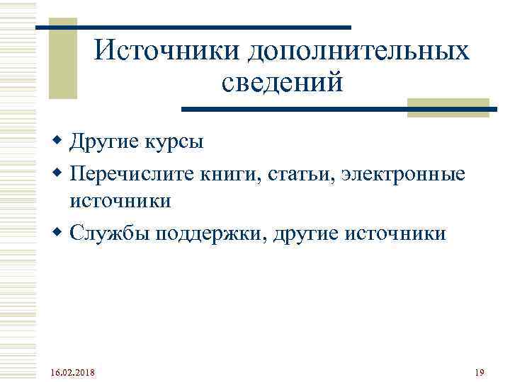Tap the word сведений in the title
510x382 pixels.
(x=282, y=83)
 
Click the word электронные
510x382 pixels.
(x=404, y=173)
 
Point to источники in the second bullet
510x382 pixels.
(x=120, y=201)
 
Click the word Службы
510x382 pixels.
(x=106, y=233)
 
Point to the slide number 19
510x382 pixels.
(x=479, y=372)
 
